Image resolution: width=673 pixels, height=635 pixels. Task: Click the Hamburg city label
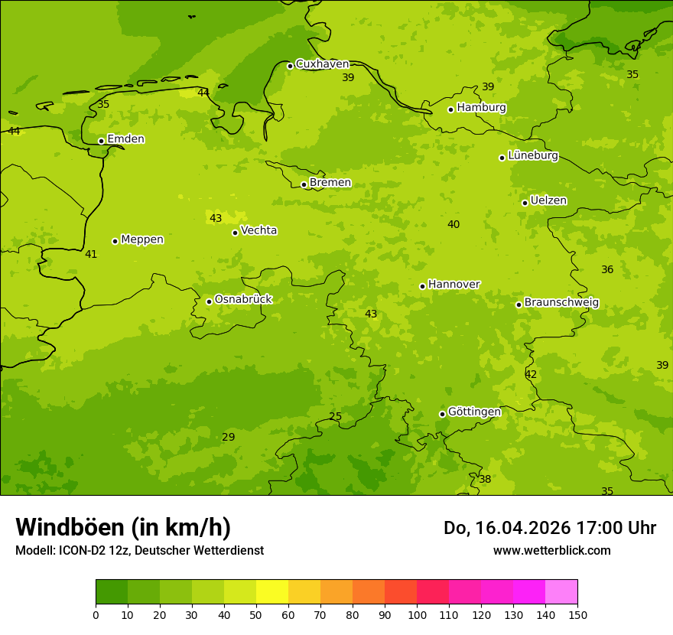[481, 108]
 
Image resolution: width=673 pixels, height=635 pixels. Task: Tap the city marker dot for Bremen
[304, 184]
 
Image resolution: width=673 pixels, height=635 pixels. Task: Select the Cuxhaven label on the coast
[322, 64]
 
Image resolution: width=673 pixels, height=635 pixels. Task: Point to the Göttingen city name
[474, 412]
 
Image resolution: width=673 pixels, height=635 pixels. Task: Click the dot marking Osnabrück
[209, 301]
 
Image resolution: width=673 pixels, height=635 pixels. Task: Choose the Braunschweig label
[561, 303]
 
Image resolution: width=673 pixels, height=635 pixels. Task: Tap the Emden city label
[125, 139]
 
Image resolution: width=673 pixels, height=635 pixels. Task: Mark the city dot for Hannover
[422, 286]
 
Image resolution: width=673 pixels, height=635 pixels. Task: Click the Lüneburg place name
[532, 156]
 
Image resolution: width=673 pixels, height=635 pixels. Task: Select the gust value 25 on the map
[335, 417]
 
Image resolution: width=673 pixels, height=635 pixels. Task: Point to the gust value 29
[228, 438]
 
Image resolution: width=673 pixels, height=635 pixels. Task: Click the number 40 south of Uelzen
[454, 225]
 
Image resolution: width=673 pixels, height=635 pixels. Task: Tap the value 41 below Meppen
[91, 255]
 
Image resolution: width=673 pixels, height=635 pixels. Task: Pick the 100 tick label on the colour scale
[417, 614]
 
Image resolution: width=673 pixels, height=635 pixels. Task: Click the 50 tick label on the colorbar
[256, 614]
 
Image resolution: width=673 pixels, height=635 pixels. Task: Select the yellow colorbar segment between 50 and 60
[272, 592]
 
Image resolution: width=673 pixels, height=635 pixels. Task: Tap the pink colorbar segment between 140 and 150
[561, 592]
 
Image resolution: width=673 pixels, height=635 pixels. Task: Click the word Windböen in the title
[70, 528]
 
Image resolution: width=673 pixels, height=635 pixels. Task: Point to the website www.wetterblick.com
[551, 551]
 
